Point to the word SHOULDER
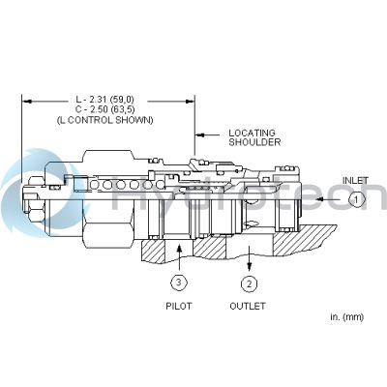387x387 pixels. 253,142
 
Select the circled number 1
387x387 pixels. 355,198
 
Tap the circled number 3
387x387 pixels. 179,283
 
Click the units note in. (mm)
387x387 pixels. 345,317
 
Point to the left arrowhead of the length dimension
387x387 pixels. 27,100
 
